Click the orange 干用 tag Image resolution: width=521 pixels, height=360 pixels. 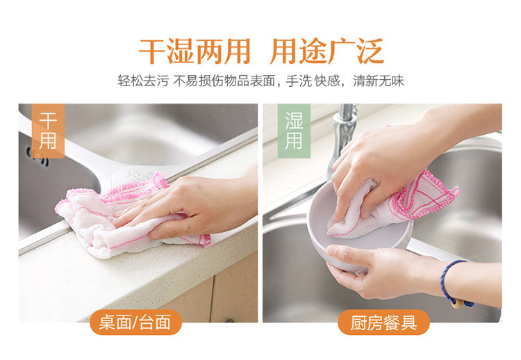point(48,131)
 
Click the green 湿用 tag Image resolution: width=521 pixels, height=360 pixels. point(294,131)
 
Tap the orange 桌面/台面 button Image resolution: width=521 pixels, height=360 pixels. point(135,322)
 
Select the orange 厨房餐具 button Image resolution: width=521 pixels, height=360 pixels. point(383,322)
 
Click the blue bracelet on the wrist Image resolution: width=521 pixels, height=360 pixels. point(445,279)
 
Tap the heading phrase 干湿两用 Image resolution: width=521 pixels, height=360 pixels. point(195,51)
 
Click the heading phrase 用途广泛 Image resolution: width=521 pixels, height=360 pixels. point(327,51)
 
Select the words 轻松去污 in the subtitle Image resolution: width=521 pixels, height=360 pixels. point(143,81)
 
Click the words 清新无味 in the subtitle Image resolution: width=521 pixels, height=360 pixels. point(379,81)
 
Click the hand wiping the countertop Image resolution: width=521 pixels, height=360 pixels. point(190,206)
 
